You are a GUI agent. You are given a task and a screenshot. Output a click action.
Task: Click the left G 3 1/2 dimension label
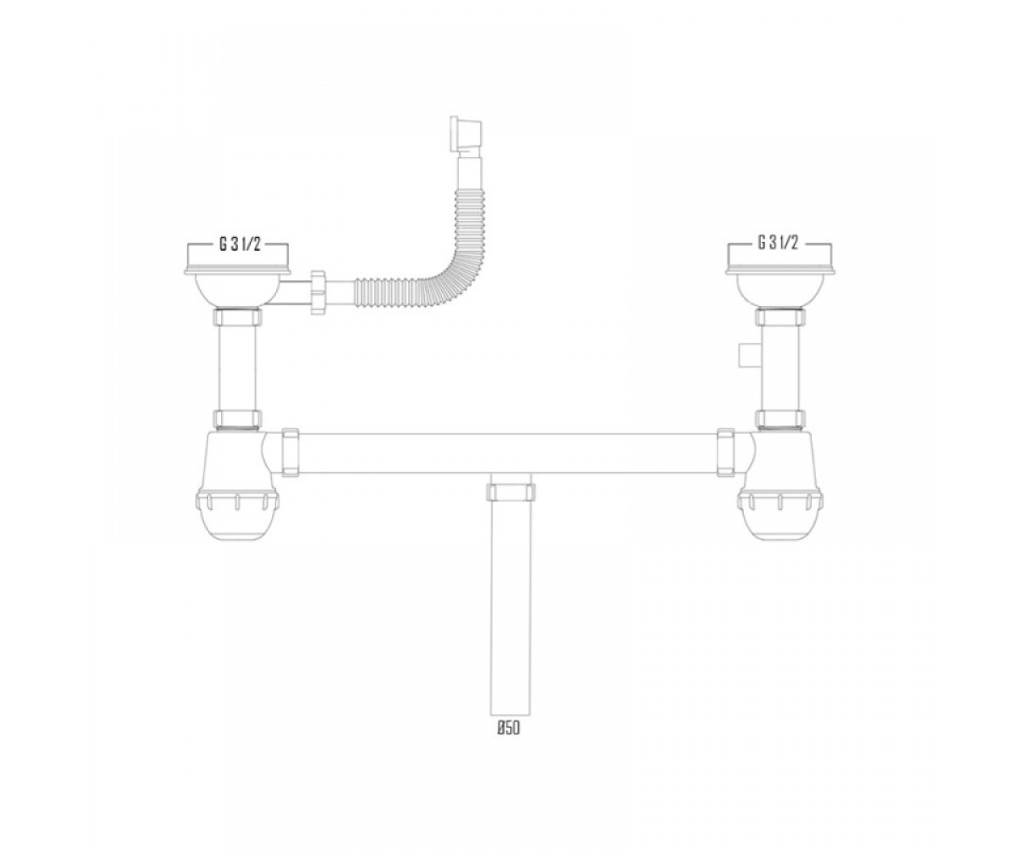pos(241,244)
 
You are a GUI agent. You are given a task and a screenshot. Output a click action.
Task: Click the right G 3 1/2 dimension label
pos(778,243)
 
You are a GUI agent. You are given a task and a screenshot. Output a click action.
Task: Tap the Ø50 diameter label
pos(508,742)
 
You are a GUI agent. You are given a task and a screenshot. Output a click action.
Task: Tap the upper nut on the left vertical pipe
pos(237,317)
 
